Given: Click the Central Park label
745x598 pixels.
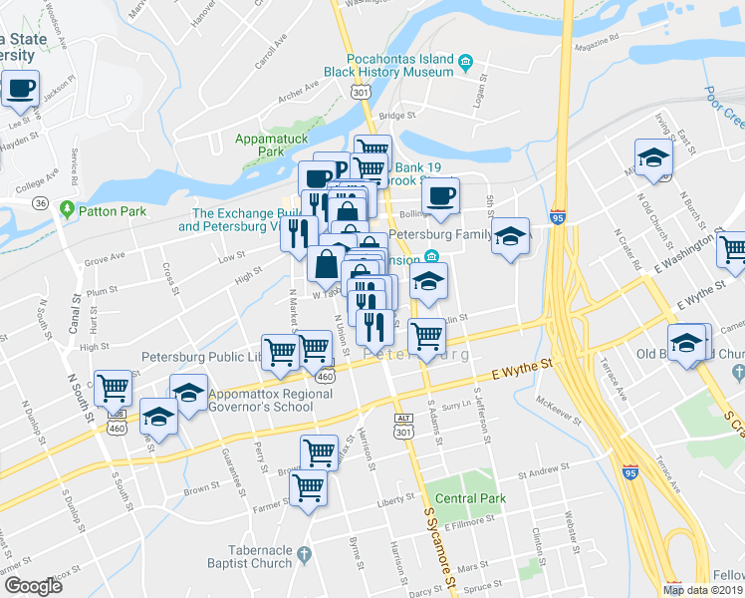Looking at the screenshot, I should tap(470, 497).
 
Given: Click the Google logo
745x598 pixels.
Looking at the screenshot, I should tap(33, 586).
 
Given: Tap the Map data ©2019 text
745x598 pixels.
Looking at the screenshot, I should tap(701, 590).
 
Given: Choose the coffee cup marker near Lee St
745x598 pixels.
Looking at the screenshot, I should tap(20, 88).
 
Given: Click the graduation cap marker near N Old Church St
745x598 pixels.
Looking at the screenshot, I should tap(653, 157).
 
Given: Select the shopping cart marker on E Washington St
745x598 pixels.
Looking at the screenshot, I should tap(732, 249).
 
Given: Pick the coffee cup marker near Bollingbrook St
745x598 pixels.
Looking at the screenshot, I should tap(440, 195).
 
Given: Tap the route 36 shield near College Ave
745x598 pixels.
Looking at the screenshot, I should tap(41, 202).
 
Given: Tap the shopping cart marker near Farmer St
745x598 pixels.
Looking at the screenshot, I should tap(308, 488).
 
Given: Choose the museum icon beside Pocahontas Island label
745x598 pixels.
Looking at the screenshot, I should tap(465, 65).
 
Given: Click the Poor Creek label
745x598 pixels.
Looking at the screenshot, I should tap(724, 106).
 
